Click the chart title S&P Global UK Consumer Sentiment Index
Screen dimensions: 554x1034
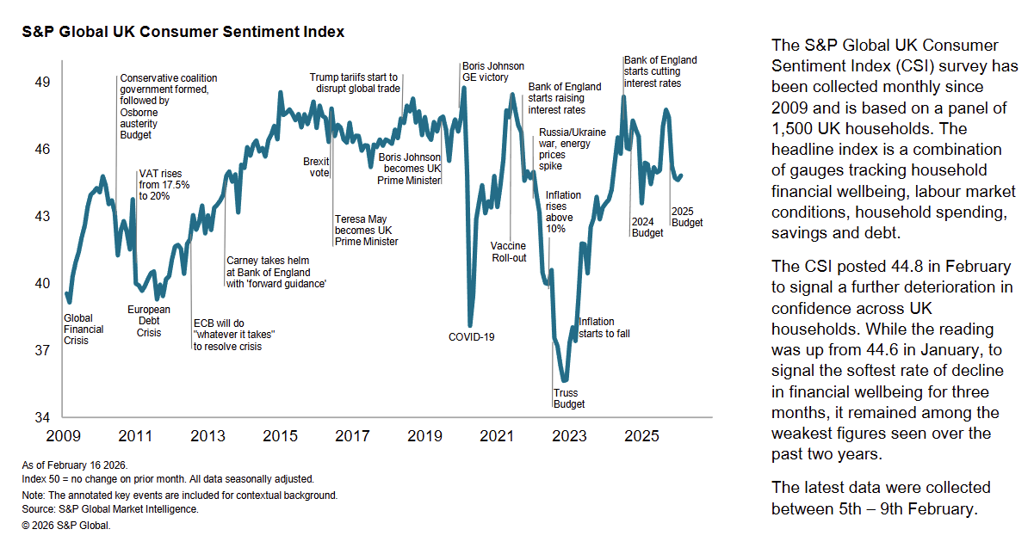click(183, 32)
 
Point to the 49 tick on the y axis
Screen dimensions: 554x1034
click(41, 83)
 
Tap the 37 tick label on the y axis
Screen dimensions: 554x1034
click(41, 351)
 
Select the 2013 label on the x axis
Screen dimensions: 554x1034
click(208, 436)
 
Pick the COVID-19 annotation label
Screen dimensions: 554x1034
click(472, 336)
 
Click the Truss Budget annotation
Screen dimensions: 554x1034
click(568, 399)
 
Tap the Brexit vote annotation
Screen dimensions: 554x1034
click(316, 167)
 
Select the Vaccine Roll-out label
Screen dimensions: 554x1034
click(508, 252)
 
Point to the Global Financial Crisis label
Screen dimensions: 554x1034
click(84, 329)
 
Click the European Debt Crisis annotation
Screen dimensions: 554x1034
click(149, 321)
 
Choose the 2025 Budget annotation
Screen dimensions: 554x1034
click(687, 217)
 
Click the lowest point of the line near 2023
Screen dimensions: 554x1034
click(564, 380)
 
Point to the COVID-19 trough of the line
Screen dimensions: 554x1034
click(470, 324)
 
